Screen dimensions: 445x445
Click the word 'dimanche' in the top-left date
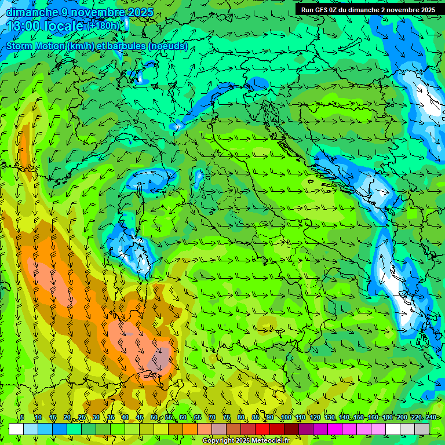[x=32, y=12]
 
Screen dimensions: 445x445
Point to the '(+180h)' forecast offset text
[x=104, y=25]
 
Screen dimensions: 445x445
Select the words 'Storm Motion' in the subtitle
[x=35, y=46]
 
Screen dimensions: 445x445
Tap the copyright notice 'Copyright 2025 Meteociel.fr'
[x=246, y=441]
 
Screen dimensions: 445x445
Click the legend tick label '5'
[x=22, y=418]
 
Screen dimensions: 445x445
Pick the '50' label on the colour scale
[x=154, y=418]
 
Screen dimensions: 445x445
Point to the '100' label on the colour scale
[x=286, y=418]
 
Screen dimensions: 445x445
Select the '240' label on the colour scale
[x=431, y=418]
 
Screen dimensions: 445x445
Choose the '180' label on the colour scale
[x=387, y=418]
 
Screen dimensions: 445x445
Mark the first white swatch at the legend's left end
[x=16, y=429]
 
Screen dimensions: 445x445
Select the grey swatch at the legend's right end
[x=422, y=429]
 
